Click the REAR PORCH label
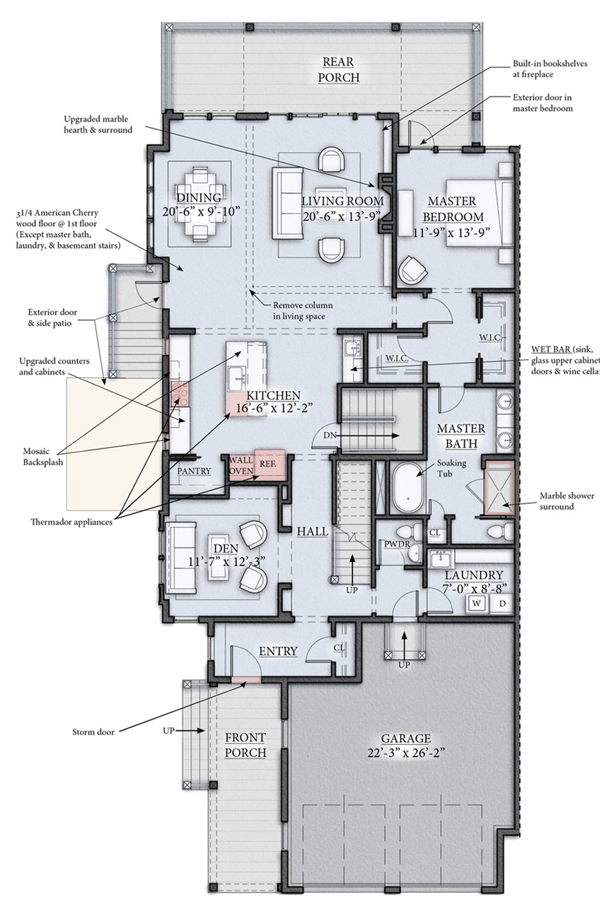[338, 69]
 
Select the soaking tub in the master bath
[409, 487]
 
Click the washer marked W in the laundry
[477, 604]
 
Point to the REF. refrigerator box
[270, 464]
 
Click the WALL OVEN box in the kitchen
[241, 466]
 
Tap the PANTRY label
[194, 471]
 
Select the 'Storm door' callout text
[93, 732]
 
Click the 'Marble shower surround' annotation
[567, 501]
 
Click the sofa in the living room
[288, 203]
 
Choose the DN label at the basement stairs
[330, 435]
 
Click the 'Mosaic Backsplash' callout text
[43, 457]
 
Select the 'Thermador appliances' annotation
[71, 522]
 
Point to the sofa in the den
[181, 558]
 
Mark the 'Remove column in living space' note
[303, 310]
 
